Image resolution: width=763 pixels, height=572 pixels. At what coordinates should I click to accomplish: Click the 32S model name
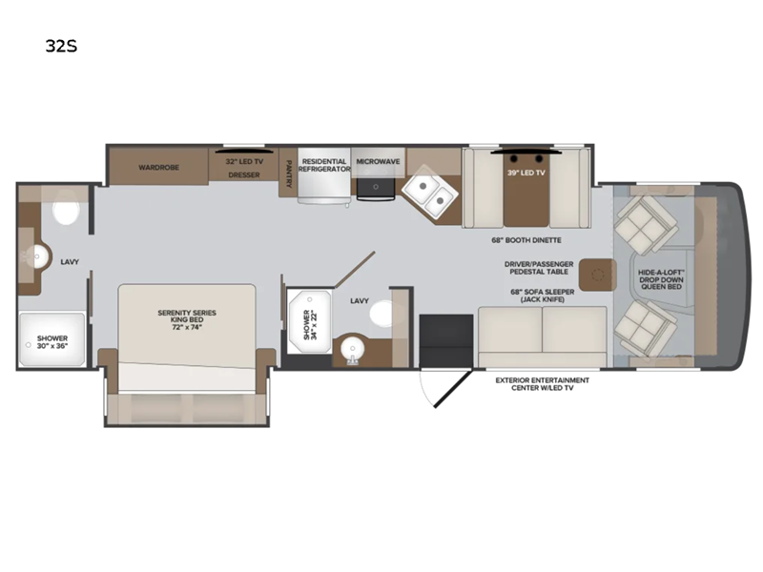click(61, 46)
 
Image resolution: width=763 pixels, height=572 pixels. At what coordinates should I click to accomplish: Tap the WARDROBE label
click(158, 168)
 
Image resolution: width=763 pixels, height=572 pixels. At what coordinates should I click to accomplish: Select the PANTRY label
click(288, 174)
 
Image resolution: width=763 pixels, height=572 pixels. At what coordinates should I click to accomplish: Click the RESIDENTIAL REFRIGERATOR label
click(324, 165)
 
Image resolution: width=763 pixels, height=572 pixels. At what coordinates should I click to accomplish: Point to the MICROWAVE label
click(378, 161)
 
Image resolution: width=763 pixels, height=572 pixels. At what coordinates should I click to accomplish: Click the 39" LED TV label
click(526, 173)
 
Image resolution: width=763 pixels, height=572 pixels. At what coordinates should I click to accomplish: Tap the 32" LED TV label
click(244, 161)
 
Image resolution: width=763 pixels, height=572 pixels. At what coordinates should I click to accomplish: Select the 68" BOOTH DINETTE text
click(526, 240)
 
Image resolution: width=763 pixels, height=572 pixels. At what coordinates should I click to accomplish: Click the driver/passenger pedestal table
click(598, 275)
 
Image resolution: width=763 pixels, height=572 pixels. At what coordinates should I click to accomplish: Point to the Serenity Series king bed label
click(187, 319)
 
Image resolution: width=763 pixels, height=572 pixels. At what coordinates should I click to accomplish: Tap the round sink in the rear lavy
click(38, 256)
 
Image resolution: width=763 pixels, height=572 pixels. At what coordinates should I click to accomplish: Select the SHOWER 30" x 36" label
click(52, 342)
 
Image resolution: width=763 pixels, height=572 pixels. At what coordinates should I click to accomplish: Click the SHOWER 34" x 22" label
click(309, 324)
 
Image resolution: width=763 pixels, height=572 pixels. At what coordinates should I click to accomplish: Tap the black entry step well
click(446, 341)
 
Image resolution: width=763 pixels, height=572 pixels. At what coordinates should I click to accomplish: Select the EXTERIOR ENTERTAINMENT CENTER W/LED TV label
click(542, 384)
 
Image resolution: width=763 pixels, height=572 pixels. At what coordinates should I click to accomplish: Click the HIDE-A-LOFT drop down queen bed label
click(661, 279)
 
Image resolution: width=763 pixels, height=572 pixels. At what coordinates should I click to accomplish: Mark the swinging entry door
click(453, 389)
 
